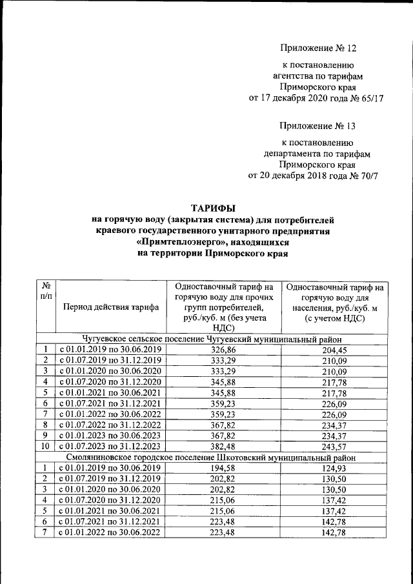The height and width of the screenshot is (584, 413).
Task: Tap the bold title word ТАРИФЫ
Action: pos(213,208)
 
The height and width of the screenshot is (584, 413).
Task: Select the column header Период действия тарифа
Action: pos(111,307)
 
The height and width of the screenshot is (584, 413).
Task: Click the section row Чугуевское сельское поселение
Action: pos(212,339)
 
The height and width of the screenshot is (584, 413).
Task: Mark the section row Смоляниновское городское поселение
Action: pos(212,458)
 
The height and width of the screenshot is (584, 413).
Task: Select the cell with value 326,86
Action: pos(224,350)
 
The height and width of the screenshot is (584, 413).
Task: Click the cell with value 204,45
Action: pos(334,350)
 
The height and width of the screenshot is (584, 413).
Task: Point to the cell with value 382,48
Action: pos(224,446)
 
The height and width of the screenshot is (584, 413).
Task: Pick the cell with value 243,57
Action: pos(334,446)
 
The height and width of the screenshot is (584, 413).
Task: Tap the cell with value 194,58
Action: pos(224,468)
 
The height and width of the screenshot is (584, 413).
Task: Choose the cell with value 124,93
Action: pos(334,468)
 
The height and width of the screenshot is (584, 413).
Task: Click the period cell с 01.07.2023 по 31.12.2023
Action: pos(110,446)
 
